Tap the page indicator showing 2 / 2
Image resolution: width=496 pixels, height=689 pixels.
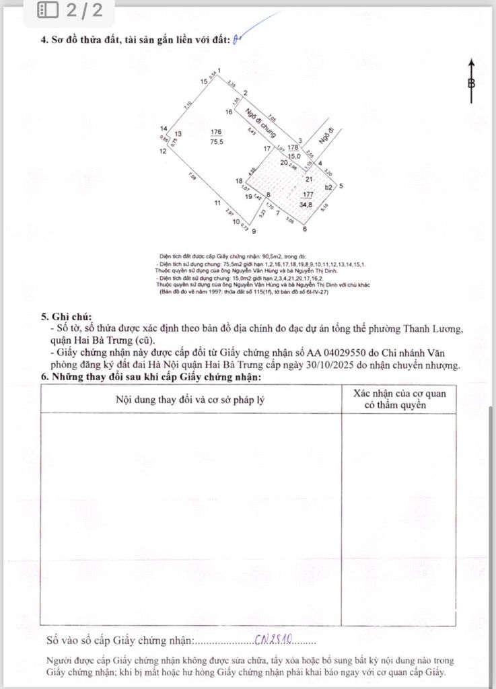click(x=71, y=10)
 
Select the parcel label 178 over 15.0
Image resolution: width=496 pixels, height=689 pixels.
click(x=293, y=151)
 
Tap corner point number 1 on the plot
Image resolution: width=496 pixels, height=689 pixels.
click(x=219, y=70)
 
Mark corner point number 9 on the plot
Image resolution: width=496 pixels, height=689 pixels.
click(x=254, y=230)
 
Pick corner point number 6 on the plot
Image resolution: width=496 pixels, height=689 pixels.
click(x=305, y=229)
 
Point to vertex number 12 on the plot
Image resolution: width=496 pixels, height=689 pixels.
click(x=162, y=151)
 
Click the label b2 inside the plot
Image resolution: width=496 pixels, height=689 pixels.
click(x=329, y=187)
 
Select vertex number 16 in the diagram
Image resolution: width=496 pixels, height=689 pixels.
click(x=229, y=112)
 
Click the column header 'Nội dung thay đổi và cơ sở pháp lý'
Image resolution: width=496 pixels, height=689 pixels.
click(x=190, y=399)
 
